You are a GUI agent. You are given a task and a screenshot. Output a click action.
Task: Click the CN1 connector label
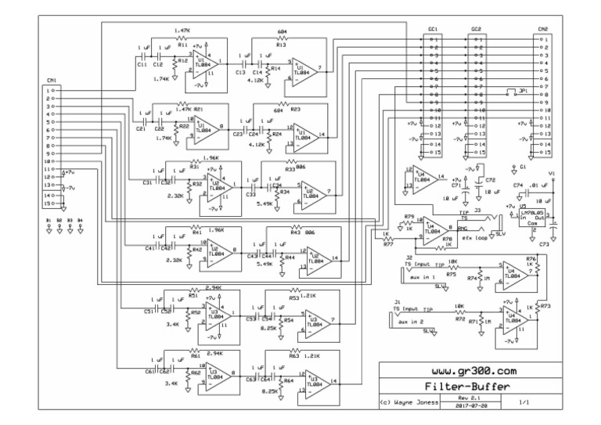(x=51, y=80)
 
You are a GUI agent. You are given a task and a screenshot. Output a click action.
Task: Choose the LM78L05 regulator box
(x=537, y=214)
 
